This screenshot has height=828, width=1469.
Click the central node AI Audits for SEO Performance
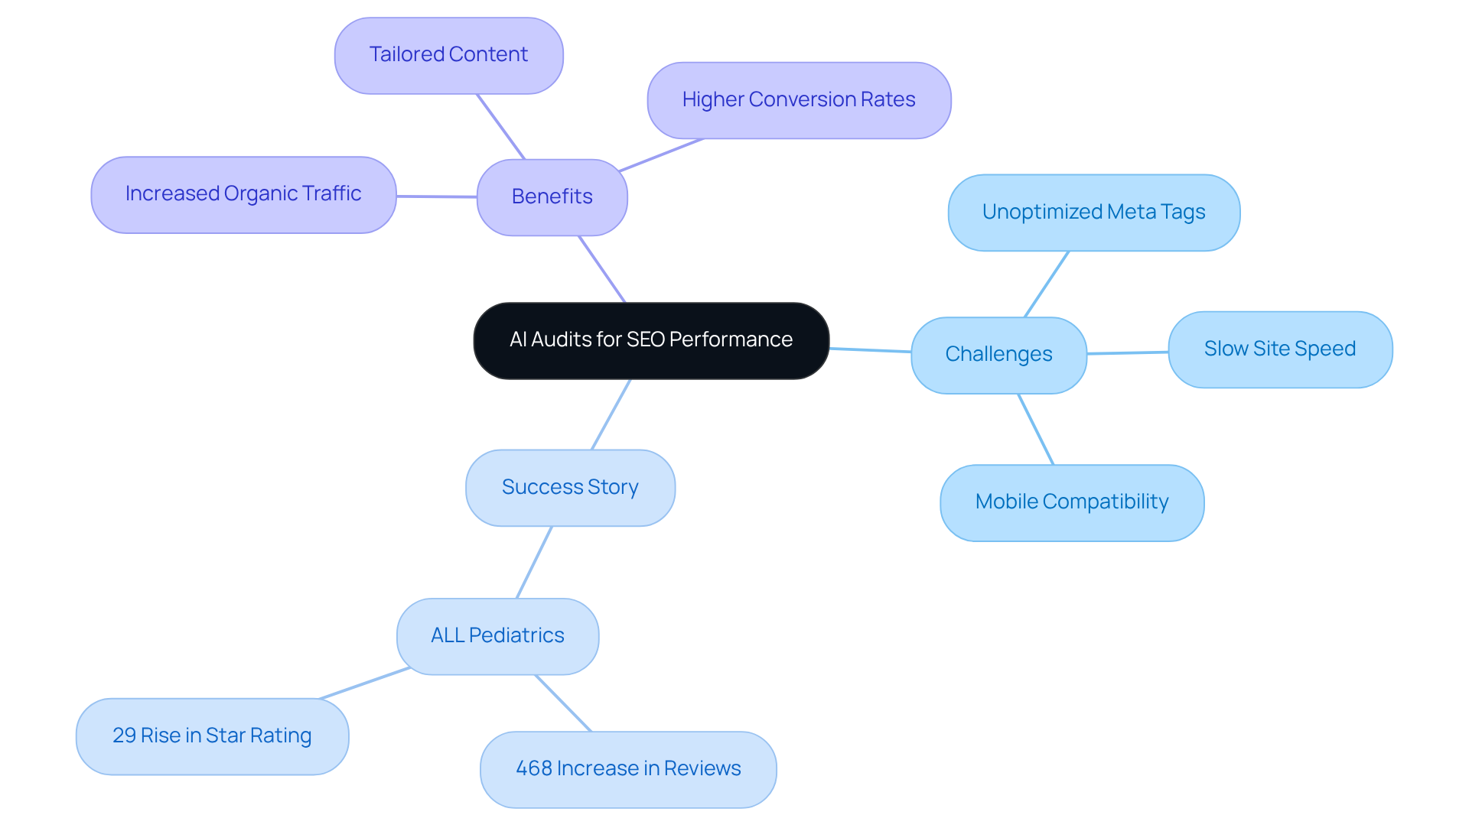point(651,340)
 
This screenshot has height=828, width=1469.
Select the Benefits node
point(552,197)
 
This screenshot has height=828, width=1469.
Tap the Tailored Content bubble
point(448,55)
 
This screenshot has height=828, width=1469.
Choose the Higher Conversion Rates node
point(798,100)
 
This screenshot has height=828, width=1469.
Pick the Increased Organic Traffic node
point(243,194)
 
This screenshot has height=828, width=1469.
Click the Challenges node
point(998,355)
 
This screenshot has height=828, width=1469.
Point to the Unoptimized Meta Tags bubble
point(1093,213)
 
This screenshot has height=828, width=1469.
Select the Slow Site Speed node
point(1279,349)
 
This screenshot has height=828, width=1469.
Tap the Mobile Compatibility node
point(1071,502)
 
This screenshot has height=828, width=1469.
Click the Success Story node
point(570,488)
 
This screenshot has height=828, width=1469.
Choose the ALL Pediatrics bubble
point(497,636)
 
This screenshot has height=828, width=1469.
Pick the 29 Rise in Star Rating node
point(212,736)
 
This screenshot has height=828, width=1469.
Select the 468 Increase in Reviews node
point(627,769)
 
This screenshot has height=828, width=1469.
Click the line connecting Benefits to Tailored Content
point(500,126)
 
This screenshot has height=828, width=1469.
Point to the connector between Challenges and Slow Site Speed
point(1128,352)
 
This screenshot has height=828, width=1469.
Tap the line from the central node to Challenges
point(870,350)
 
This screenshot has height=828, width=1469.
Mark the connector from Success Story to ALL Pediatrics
point(534,562)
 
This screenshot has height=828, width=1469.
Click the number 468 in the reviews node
point(533,768)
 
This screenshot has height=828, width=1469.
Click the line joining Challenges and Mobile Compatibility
point(1036,429)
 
